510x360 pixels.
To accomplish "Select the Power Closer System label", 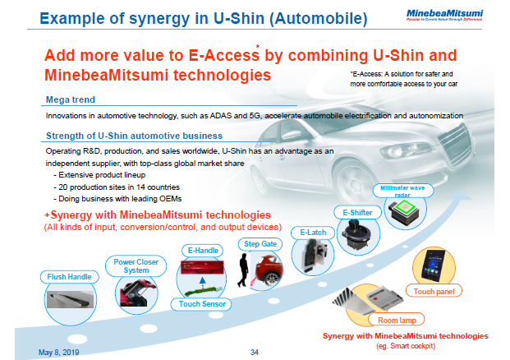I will tap(131, 265).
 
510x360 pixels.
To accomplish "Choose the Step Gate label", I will tap(260, 243).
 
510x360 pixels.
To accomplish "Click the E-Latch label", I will tap(313, 232).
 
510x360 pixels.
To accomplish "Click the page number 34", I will tap(254, 351).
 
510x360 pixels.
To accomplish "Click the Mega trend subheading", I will tap(68, 100).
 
